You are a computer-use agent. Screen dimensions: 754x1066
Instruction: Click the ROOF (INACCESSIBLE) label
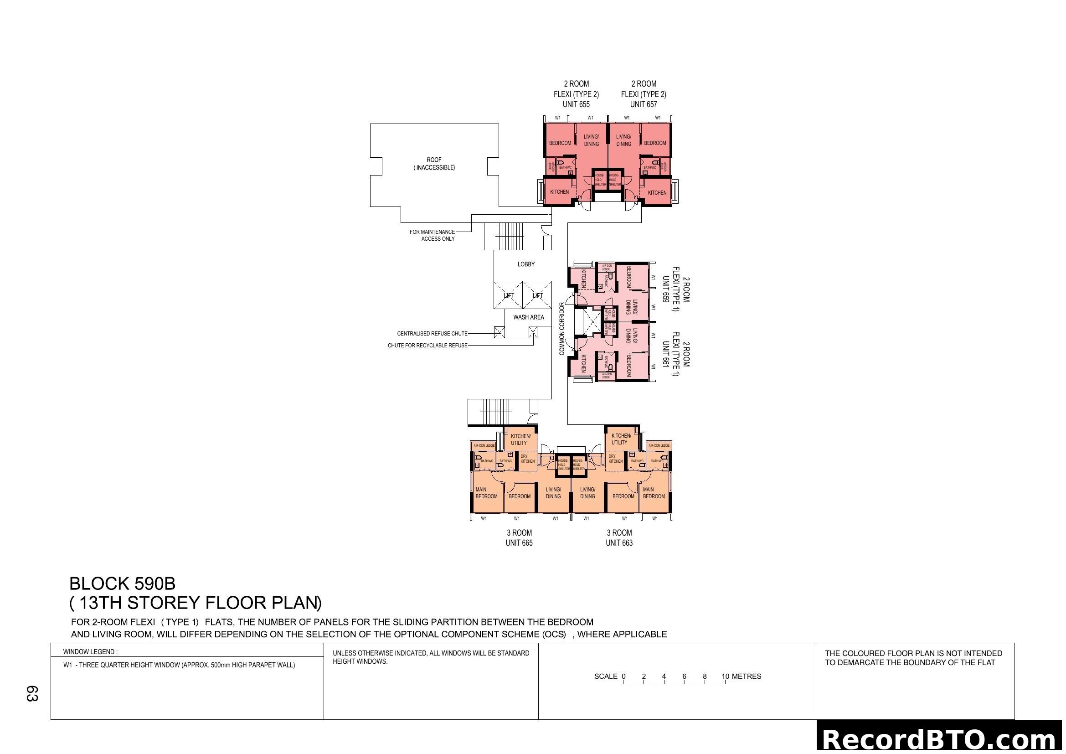click(434, 164)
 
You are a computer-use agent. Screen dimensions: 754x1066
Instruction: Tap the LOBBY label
click(526, 264)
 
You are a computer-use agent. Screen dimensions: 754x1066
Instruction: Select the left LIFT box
click(509, 295)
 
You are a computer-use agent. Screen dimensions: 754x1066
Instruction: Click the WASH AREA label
click(528, 317)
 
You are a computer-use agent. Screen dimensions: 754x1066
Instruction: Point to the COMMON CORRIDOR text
click(562, 329)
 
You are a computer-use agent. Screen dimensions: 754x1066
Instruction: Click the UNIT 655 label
click(576, 104)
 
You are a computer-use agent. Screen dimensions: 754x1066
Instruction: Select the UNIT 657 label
click(644, 104)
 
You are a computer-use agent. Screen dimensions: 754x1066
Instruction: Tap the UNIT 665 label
click(519, 543)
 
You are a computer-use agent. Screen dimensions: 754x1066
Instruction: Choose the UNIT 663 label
click(619, 543)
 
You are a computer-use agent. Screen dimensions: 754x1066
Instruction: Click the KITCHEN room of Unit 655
click(560, 192)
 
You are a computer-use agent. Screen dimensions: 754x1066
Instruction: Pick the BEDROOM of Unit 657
click(654, 143)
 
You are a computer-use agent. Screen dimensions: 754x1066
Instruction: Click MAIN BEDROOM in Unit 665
click(486, 493)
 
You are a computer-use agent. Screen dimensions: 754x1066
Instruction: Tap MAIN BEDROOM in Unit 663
click(654, 493)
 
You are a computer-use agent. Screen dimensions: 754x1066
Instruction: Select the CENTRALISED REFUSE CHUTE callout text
click(432, 333)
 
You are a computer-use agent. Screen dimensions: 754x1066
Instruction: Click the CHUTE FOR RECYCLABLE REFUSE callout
click(427, 346)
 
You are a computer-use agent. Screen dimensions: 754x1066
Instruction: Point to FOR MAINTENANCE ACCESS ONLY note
click(432, 235)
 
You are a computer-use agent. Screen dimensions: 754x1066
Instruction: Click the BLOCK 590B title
click(122, 583)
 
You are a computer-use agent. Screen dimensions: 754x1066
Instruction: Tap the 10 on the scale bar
click(725, 677)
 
